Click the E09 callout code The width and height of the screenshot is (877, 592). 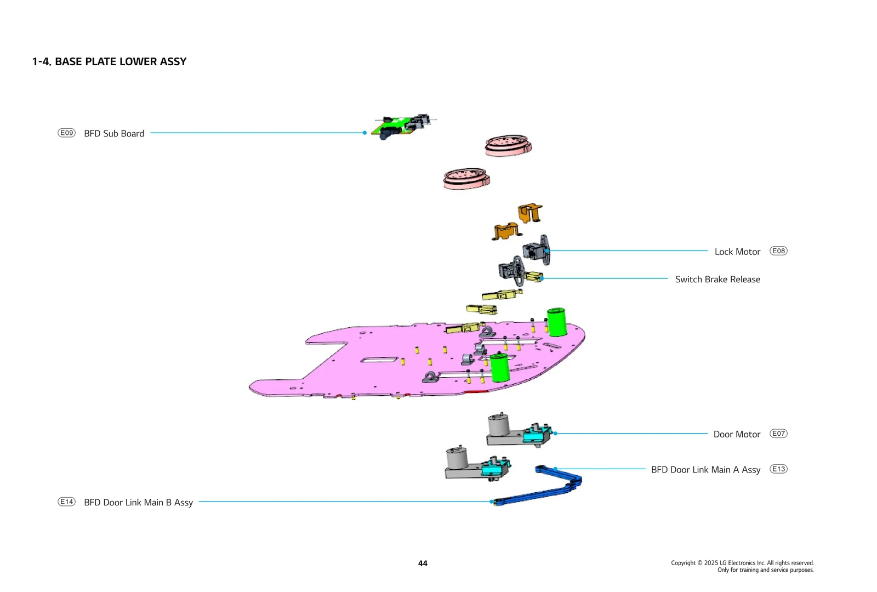(x=66, y=133)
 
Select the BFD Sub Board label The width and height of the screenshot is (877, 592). (x=114, y=133)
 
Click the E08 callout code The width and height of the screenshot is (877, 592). (x=778, y=251)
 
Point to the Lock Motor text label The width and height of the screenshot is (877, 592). (x=737, y=252)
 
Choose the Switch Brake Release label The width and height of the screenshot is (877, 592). (x=717, y=279)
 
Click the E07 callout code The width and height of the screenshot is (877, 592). (x=778, y=434)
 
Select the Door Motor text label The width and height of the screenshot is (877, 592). (x=737, y=434)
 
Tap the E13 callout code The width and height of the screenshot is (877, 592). (x=778, y=469)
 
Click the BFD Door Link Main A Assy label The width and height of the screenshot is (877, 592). (x=705, y=470)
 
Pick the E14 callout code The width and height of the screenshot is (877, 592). (x=66, y=502)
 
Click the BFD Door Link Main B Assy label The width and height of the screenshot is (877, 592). (x=138, y=503)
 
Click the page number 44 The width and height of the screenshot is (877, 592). (x=423, y=563)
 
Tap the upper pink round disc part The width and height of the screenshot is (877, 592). (x=508, y=145)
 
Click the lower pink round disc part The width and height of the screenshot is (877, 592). (x=466, y=178)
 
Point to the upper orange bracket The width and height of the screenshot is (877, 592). (x=530, y=213)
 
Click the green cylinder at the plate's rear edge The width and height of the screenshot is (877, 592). (x=557, y=322)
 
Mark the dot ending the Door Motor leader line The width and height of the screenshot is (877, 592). (x=555, y=434)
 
